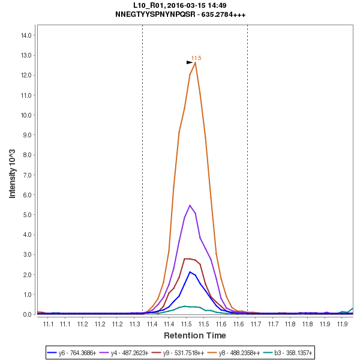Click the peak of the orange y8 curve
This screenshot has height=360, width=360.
pos(195,62)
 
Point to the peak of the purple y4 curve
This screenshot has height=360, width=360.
pos(190,205)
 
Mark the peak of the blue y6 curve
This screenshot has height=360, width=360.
pos(190,272)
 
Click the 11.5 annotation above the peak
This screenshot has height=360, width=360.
pos(196,58)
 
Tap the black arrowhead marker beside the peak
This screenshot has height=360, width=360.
pos(190,62)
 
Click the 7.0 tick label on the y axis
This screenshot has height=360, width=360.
pos(26,175)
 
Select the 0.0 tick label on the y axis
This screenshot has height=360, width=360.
pos(26,314)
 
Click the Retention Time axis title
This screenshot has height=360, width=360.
pos(195,335)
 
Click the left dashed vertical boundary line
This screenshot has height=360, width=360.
pos(142,168)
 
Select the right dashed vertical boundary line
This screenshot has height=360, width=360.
pos(247,168)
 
